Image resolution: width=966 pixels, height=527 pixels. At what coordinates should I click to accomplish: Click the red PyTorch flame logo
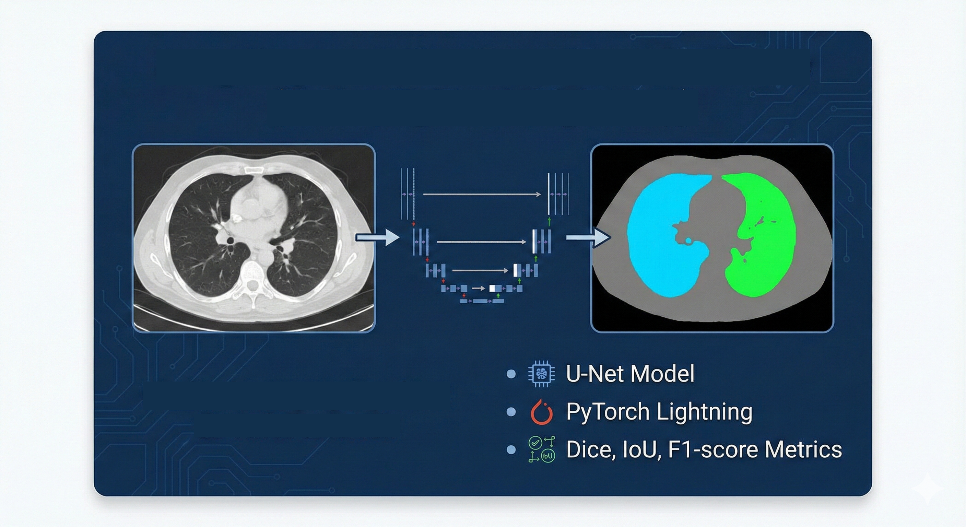(542, 412)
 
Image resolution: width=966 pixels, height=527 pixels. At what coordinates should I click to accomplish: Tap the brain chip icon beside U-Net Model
(541, 374)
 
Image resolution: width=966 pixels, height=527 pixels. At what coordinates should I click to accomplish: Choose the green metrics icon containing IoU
(542, 449)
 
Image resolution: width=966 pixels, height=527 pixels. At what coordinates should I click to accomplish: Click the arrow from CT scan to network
(377, 237)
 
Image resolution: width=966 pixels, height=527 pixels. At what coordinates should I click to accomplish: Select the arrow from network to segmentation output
(588, 237)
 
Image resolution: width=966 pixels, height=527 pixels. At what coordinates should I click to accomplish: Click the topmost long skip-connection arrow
(482, 194)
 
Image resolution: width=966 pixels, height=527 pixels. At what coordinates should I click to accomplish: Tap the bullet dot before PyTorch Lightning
(511, 412)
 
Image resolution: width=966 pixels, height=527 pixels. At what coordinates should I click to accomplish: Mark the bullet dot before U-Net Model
(511, 374)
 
